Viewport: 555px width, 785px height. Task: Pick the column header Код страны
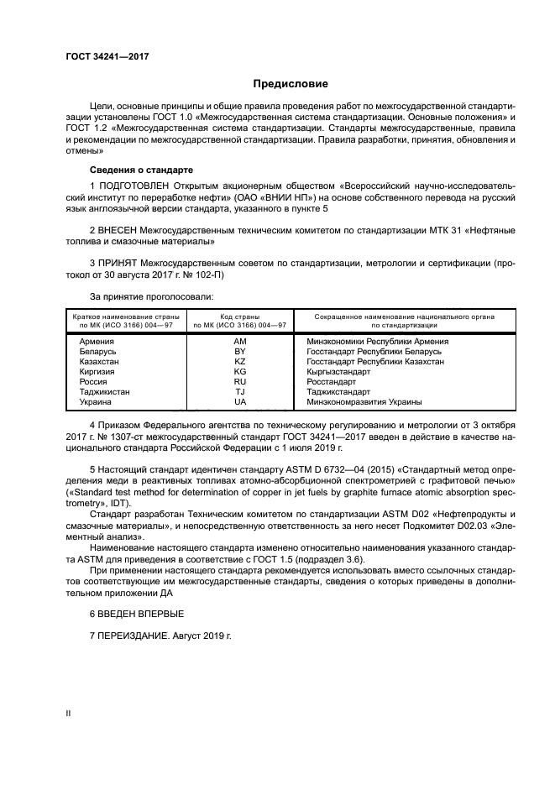point(240,317)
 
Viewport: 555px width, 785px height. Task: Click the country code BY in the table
point(240,352)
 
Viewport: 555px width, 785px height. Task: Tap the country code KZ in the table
point(240,362)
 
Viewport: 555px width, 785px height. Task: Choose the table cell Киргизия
point(97,372)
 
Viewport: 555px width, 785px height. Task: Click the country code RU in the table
point(240,382)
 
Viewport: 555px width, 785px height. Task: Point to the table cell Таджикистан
point(105,392)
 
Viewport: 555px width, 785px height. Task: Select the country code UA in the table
point(240,402)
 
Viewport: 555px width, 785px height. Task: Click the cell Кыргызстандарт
point(338,372)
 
